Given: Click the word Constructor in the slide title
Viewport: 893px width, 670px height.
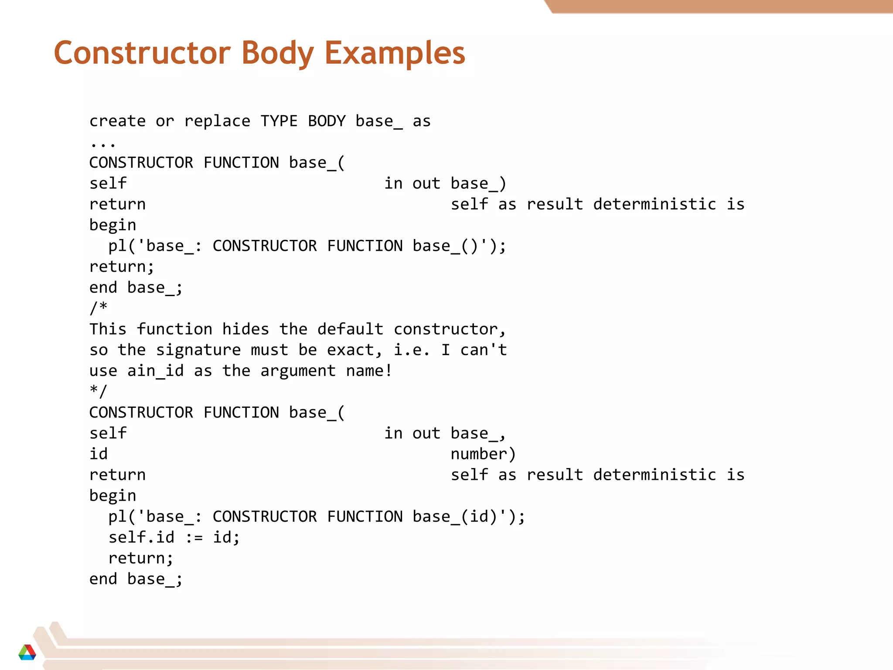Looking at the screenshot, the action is click(x=142, y=53).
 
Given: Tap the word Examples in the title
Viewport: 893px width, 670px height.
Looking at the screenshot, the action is click(x=395, y=53).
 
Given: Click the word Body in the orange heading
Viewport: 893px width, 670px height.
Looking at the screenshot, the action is click(x=277, y=53).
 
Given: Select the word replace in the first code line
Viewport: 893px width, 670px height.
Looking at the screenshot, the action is click(x=217, y=121).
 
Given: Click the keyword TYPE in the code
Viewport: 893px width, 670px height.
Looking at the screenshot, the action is click(x=279, y=121).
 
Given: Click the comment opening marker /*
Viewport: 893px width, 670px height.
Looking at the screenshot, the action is click(x=99, y=308).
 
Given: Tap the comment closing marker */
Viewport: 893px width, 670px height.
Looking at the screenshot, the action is click(x=99, y=391).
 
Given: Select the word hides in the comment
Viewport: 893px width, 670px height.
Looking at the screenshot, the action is click(x=245, y=329).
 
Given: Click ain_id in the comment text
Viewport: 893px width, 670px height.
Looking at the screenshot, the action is click(x=155, y=371).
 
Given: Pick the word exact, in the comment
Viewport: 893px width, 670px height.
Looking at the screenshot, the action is click(x=354, y=350).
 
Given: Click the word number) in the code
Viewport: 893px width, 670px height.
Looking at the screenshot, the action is click(x=483, y=454).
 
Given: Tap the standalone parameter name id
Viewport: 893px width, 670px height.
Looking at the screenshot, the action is click(x=99, y=454).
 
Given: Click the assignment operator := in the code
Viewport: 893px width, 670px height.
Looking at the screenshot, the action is click(x=194, y=537).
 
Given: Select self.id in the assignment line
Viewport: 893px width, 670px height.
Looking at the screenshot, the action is click(x=141, y=537).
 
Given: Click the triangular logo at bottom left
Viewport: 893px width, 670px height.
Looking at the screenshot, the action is click(x=27, y=652).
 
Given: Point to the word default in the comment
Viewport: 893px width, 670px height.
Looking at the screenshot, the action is click(x=350, y=329).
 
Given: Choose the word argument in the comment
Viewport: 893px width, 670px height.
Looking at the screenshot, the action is click(x=298, y=371).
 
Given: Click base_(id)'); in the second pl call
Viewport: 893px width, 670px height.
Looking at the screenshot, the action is click(x=469, y=516).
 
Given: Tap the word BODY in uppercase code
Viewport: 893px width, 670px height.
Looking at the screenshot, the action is click(x=327, y=121).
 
